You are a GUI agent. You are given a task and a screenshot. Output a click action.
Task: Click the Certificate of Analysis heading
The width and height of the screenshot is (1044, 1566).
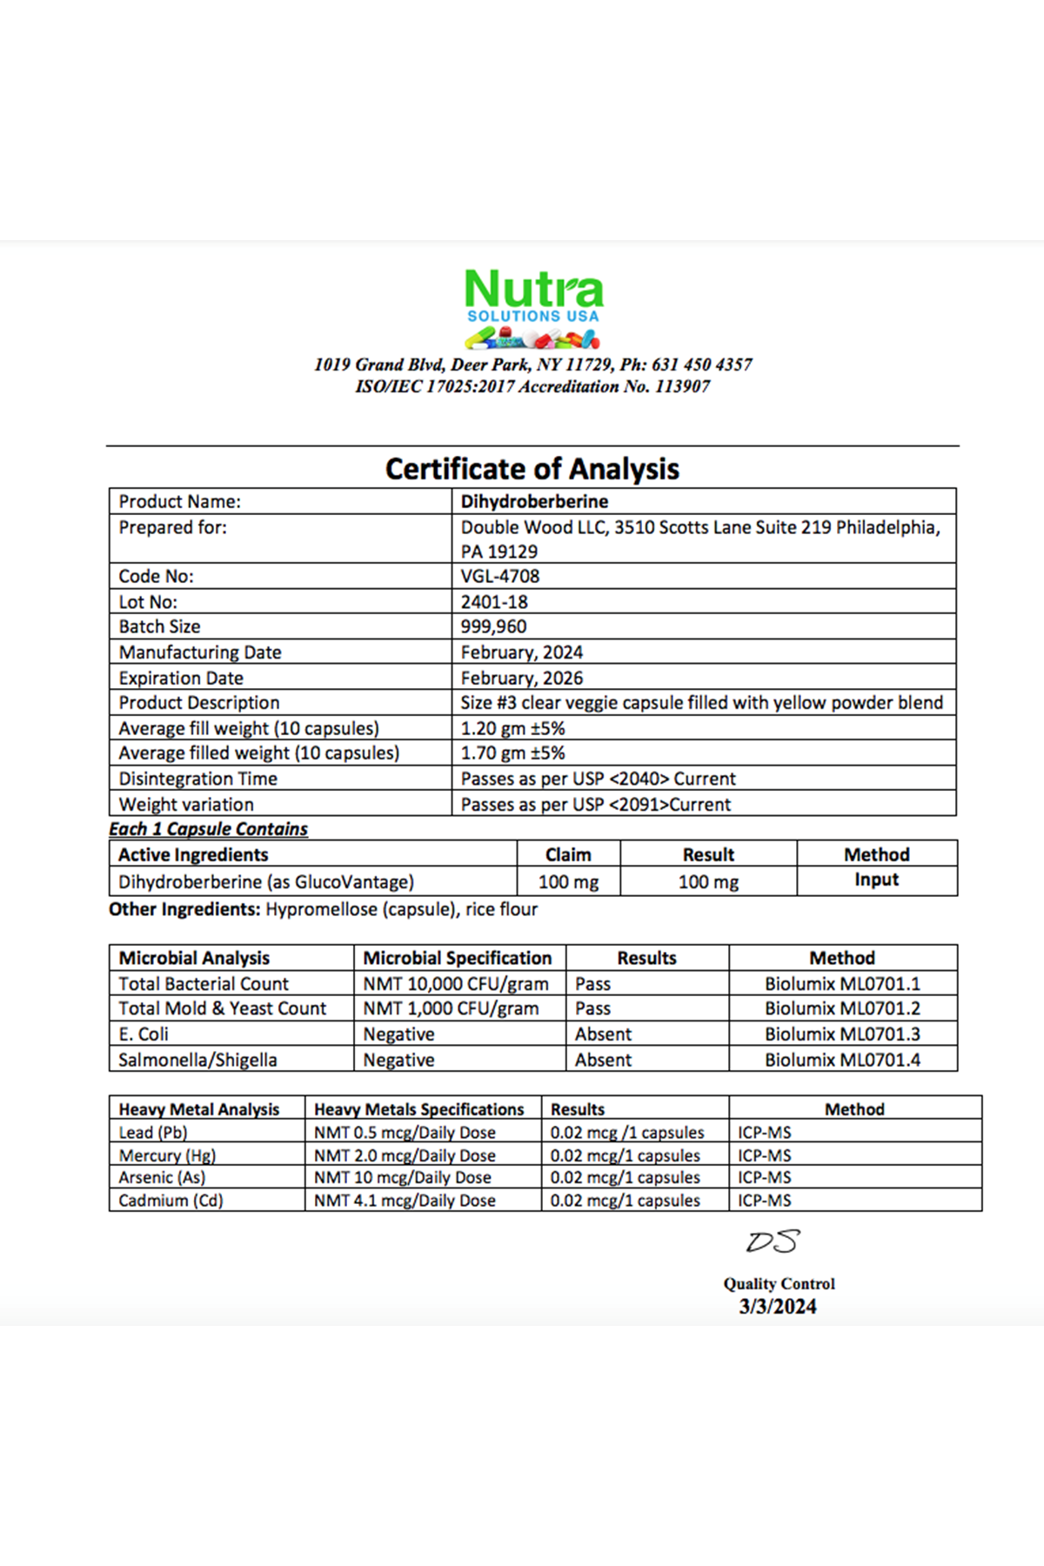click(532, 469)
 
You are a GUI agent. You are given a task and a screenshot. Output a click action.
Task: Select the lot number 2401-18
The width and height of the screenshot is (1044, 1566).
click(494, 602)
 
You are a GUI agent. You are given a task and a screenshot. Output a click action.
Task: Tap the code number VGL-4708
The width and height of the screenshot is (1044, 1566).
click(500, 576)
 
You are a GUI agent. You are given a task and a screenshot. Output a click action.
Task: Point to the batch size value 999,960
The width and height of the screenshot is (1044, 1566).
click(493, 626)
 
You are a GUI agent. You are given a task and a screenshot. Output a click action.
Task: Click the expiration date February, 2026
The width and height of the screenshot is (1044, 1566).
click(522, 678)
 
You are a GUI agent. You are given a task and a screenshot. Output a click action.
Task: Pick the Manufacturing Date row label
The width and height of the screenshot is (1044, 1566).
click(200, 652)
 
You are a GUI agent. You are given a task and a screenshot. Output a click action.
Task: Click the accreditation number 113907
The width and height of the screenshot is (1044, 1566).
click(682, 387)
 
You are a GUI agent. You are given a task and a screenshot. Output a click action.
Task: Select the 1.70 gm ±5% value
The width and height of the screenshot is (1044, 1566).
click(512, 753)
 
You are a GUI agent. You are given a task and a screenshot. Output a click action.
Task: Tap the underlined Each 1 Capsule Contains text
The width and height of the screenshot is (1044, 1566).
click(208, 829)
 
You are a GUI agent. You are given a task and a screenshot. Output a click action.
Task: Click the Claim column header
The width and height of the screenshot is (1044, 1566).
click(568, 854)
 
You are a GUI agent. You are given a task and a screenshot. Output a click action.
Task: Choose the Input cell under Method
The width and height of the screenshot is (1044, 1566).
click(876, 880)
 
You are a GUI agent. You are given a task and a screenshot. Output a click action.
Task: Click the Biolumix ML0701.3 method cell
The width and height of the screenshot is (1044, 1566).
click(842, 1034)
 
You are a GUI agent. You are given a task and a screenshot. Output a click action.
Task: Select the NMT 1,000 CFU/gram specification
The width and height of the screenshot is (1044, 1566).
click(451, 1008)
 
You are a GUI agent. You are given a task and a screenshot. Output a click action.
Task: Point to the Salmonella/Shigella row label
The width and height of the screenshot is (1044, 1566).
click(197, 1060)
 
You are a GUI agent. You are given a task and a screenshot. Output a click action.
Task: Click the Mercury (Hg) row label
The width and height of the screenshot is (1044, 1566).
click(167, 1155)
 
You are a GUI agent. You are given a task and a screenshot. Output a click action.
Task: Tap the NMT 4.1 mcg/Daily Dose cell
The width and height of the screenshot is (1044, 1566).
click(405, 1201)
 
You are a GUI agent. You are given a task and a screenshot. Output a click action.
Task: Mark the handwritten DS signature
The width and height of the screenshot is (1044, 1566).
click(772, 1241)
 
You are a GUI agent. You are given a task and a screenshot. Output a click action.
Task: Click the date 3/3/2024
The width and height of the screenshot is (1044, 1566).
click(778, 1307)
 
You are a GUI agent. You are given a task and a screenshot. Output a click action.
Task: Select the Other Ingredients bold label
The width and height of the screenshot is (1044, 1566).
click(184, 909)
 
